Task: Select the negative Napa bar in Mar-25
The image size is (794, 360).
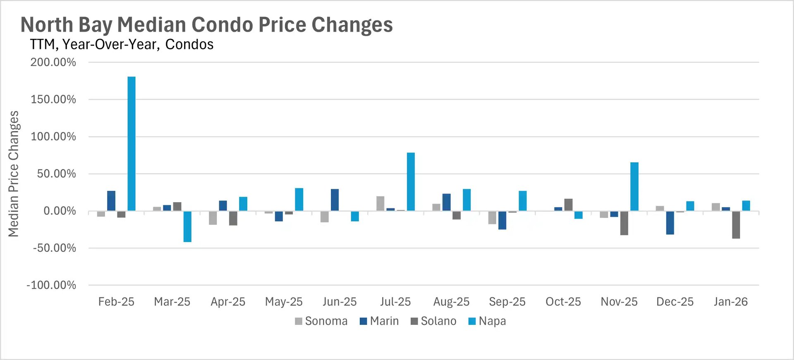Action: click(x=187, y=226)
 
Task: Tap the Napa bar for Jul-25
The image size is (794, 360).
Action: click(x=411, y=182)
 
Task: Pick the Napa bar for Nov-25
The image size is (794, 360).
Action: click(x=634, y=186)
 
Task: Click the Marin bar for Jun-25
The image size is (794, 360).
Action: click(x=335, y=200)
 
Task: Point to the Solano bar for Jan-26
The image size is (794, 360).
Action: click(x=736, y=225)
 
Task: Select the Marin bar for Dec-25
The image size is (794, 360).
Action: click(x=670, y=223)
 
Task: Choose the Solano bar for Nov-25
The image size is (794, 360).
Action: click(x=624, y=223)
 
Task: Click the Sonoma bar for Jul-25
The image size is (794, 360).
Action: click(x=380, y=204)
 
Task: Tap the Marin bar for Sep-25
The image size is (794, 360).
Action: click(x=502, y=220)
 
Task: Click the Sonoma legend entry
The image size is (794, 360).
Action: click(x=321, y=321)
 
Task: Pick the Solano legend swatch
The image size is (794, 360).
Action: click(x=414, y=321)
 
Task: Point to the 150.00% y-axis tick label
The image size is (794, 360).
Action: click(x=53, y=100)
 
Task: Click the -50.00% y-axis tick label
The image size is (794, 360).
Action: click(x=55, y=248)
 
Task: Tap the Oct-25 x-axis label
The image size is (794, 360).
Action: click(x=563, y=302)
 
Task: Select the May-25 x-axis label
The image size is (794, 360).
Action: click(x=284, y=302)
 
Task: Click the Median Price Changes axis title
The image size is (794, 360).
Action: click(x=14, y=174)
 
